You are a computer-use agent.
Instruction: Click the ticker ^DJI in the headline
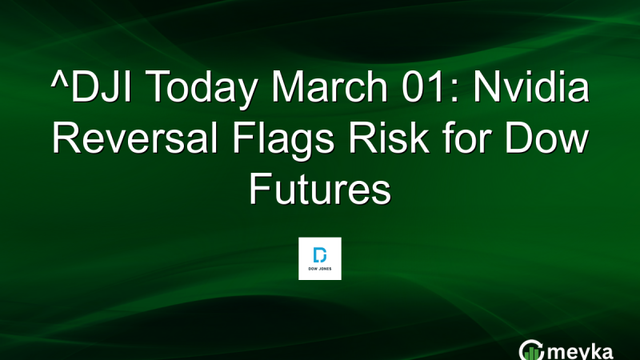click(92, 86)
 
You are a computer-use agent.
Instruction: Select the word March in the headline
click(330, 86)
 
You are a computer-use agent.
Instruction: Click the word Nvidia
click(531, 86)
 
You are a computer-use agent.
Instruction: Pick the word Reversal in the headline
click(135, 138)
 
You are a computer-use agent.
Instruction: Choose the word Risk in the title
click(389, 138)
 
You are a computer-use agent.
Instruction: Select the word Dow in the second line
click(546, 138)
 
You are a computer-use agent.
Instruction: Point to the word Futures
click(320, 189)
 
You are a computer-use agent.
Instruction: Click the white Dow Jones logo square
click(320, 258)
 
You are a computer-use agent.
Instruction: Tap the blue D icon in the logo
click(320, 254)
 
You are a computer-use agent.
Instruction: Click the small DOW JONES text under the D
click(320, 269)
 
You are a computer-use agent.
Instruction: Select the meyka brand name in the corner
click(579, 352)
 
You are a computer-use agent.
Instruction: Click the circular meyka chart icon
click(531, 350)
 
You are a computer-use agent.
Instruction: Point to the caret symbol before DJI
click(60, 78)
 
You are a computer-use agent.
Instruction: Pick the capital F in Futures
click(260, 189)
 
